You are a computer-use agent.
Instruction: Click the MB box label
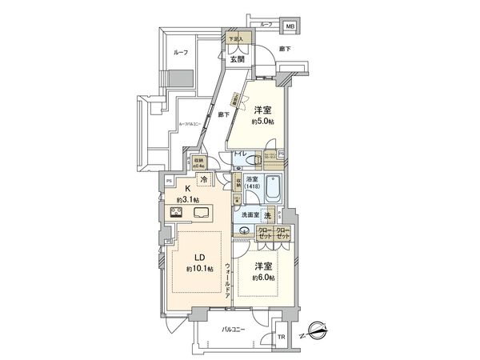(290, 27)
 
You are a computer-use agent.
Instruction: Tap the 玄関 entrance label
(238, 58)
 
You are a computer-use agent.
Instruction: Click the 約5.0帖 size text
(262, 122)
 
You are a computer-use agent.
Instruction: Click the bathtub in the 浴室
(272, 190)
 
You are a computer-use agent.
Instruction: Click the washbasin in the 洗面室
(244, 233)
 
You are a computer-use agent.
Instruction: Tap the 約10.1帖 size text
(200, 269)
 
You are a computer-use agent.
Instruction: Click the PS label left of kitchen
(169, 181)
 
